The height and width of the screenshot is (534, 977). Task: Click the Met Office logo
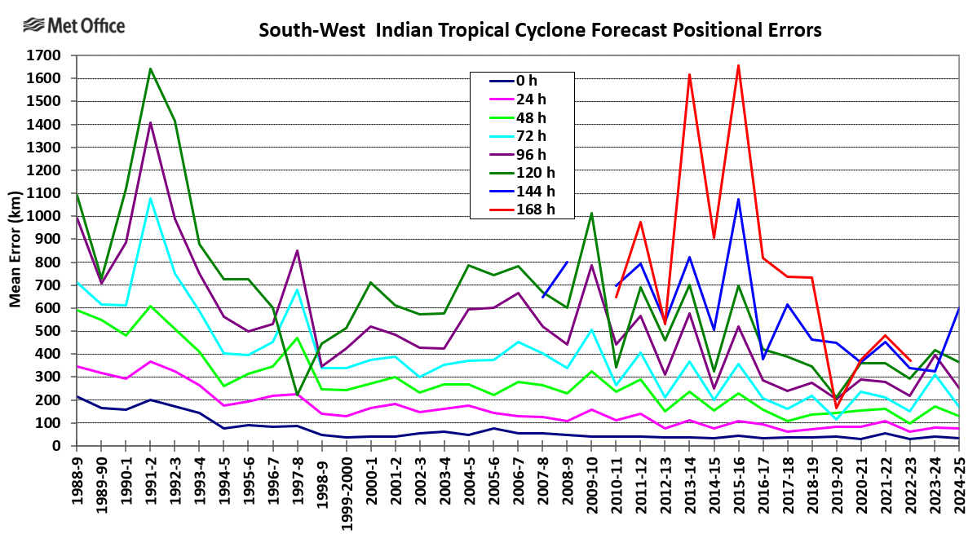click(x=73, y=26)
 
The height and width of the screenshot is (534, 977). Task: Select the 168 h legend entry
click(x=522, y=209)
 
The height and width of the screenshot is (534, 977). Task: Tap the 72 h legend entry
click(x=522, y=135)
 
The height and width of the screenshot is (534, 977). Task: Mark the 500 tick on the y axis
click(x=51, y=332)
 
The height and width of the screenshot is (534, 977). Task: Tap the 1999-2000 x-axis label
click(x=347, y=489)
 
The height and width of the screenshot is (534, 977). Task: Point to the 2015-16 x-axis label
click(x=739, y=481)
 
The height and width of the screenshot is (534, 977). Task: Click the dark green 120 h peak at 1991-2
click(x=151, y=69)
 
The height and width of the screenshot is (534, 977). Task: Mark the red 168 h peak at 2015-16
click(x=738, y=66)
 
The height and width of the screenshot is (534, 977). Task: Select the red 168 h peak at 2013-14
click(x=689, y=75)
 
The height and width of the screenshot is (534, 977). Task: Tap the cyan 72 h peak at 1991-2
click(x=151, y=198)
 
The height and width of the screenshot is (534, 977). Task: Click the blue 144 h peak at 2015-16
click(x=738, y=199)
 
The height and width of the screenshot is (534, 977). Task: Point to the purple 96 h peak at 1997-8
click(x=297, y=250)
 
